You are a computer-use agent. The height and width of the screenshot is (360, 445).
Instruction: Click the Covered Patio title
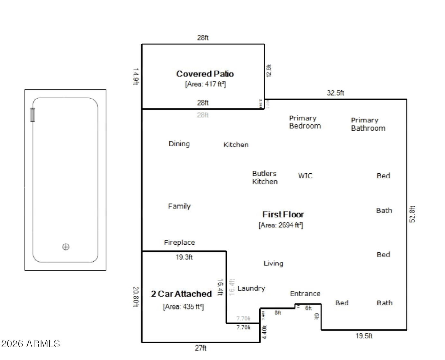point(205,74)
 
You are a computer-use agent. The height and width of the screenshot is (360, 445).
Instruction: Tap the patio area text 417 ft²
point(205,84)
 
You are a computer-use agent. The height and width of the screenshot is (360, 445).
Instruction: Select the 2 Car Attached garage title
point(181,294)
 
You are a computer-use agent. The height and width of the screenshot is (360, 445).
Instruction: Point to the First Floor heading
point(283,214)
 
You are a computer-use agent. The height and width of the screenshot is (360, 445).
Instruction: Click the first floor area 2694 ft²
point(281,225)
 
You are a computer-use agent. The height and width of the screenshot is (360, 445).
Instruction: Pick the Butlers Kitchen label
point(265,177)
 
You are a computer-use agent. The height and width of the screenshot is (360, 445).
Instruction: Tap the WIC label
point(305,176)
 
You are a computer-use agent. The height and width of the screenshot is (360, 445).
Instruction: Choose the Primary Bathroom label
point(368,124)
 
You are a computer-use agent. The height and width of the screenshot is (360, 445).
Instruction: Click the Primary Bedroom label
point(305,122)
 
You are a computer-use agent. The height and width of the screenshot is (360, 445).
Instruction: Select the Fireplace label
point(179,243)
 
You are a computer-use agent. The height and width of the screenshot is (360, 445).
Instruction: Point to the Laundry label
point(251,288)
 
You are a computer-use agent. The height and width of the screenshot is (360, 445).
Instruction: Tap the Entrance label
point(305,293)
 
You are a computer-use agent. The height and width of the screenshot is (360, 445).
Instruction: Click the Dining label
point(179,144)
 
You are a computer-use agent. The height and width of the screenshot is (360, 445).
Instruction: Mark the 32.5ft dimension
point(335,93)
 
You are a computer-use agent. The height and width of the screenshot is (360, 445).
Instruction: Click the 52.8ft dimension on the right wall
point(413,214)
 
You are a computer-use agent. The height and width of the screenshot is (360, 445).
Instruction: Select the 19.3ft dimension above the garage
point(184,257)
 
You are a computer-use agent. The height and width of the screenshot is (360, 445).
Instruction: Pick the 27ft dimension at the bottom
point(200,348)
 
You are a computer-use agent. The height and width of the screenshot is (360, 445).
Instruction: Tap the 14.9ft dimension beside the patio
point(136,76)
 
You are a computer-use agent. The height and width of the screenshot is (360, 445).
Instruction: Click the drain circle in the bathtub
point(66,247)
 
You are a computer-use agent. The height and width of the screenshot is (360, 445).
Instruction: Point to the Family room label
point(179,206)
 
